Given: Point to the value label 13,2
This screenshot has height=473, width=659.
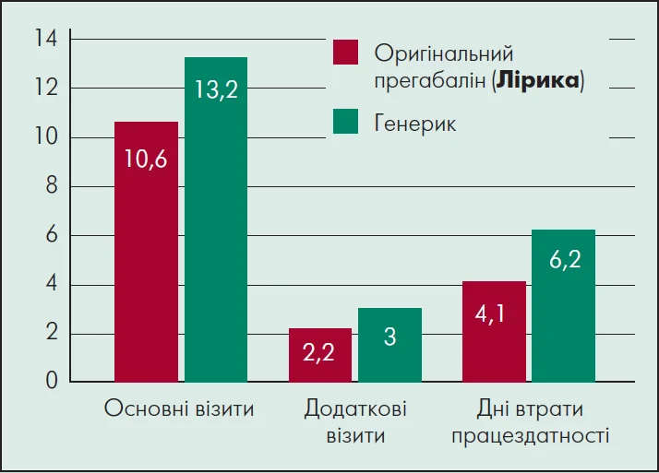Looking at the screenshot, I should click(x=216, y=89).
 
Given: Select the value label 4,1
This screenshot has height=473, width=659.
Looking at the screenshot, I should click(x=494, y=313).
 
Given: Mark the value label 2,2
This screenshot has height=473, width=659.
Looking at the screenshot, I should click(x=320, y=353).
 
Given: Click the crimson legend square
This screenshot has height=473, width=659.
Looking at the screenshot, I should click(x=345, y=53).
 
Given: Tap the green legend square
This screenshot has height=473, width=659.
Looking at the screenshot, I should click(x=345, y=122).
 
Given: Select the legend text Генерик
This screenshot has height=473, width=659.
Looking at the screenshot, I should click(x=415, y=123).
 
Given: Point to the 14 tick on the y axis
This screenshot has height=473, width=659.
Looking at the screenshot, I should click(x=45, y=40).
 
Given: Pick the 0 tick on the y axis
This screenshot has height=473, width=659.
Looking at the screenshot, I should click(x=52, y=381).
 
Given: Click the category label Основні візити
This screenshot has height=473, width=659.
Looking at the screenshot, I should click(x=179, y=408).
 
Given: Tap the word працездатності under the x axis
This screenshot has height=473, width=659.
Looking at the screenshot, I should click(x=530, y=434).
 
